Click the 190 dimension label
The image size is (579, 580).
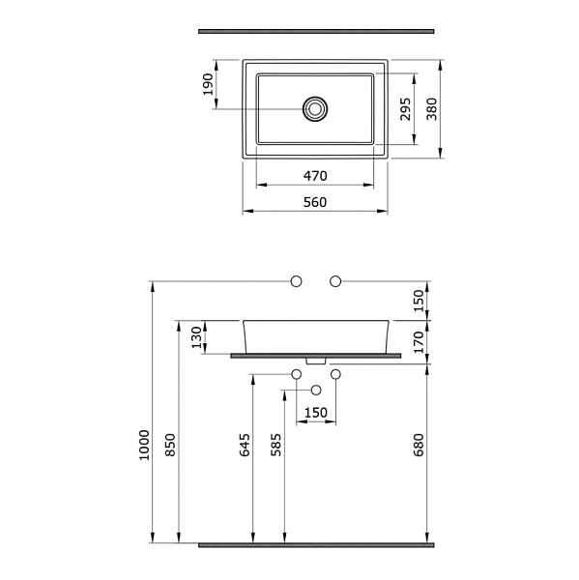pos(208,84)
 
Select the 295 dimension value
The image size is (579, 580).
pos(405,108)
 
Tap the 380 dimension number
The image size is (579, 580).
pos(432,108)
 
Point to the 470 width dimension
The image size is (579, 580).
pos(315,176)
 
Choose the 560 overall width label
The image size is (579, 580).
pos(315,202)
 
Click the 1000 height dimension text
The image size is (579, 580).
pos(144,445)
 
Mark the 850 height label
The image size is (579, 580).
pos(170,445)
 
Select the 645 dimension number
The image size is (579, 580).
pos(245,445)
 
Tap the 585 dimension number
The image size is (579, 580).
pos(276,445)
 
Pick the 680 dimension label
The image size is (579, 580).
pos(419,445)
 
